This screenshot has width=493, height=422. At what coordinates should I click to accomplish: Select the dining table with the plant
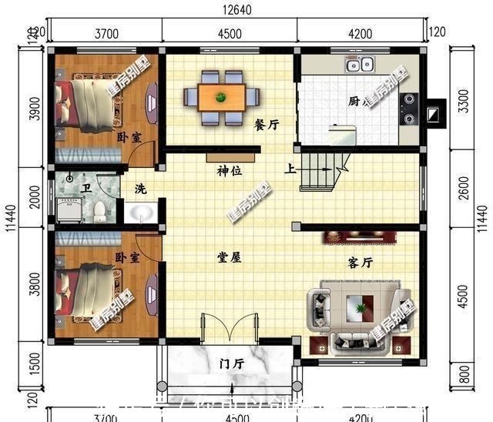click(x=221, y=96)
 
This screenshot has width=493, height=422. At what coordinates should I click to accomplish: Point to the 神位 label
click(x=230, y=171)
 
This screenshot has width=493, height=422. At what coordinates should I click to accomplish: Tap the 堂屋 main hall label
click(x=230, y=257)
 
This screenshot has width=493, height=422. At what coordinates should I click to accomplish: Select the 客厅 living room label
click(x=361, y=263)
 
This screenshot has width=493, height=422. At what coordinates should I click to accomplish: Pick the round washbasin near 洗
click(x=140, y=212)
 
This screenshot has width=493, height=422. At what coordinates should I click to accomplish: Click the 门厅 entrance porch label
click(x=231, y=363)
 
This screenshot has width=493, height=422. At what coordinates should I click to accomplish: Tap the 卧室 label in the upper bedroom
click(x=129, y=137)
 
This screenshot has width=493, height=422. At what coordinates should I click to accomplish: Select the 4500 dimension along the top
click(x=230, y=33)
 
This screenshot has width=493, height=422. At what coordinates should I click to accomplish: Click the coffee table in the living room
click(x=360, y=309)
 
